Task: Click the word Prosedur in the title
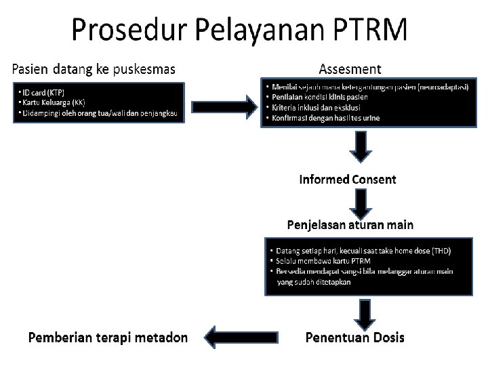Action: pos(126,31)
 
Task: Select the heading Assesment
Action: pos(350,68)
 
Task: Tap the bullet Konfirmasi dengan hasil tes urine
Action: pos(326,117)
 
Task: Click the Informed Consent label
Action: pos(348,180)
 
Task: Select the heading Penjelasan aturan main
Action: pos(351,224)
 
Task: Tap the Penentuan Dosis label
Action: pos(355,337)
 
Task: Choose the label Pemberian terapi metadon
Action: pos(108,337)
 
